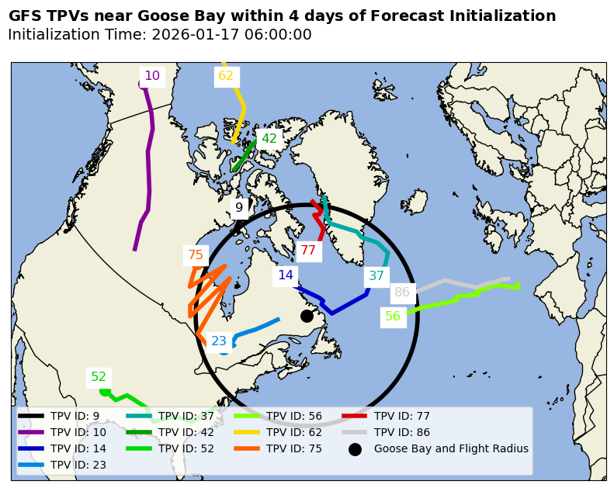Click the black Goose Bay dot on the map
[x=307, y=316]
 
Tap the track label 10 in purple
[x=152, y=76]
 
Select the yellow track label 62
[x=226, y=76]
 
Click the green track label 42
[x=269, y=139]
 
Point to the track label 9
[x=239, y=207]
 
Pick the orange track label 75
[x=196, y=254]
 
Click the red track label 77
[x=308, y=251]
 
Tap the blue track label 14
[x=286, y=275]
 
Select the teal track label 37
[x=376, y=276]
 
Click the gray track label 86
[x=402, y=292]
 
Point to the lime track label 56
[x=393, y=317]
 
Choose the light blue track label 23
[x=219, y=341]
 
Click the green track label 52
[x=99, y=377]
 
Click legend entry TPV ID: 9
[x=75, y=416]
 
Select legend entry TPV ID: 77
[x=401, y=416]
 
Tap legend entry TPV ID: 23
[x=78, y=465]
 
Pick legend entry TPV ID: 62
[x=294, y=432]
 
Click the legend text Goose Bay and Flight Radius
[x=451, y=448]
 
